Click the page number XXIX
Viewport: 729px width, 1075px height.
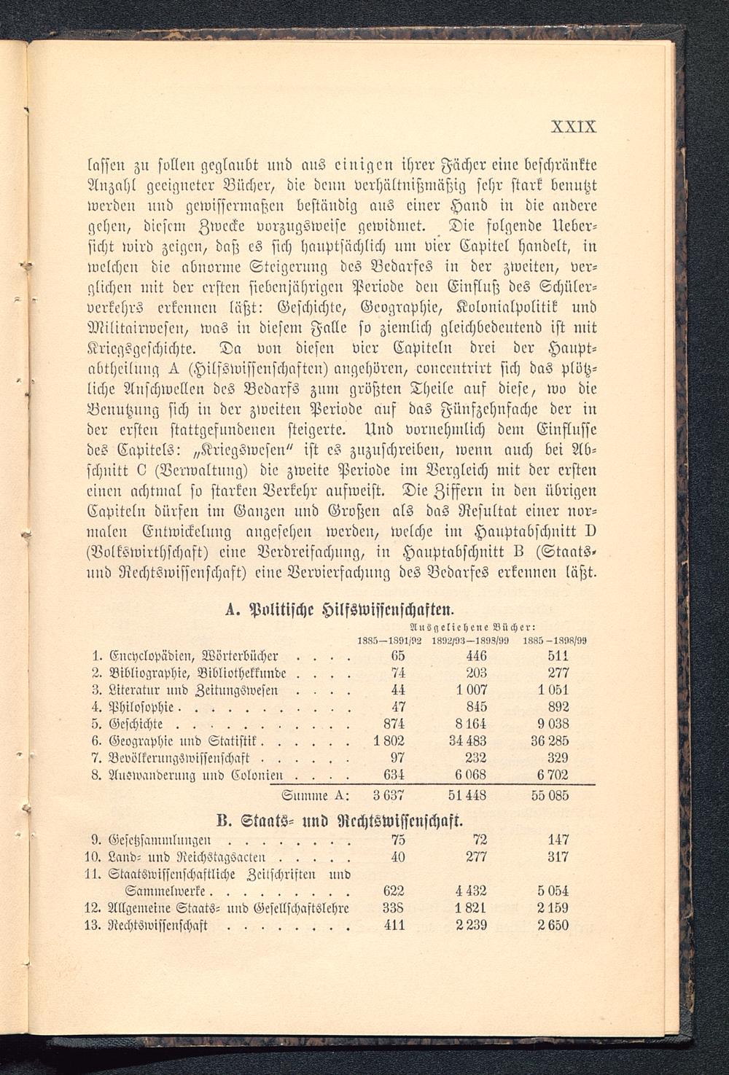point(574,126)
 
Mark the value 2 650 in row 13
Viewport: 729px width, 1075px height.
point(553,926)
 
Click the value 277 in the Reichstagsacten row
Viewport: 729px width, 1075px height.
point(476,856)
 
